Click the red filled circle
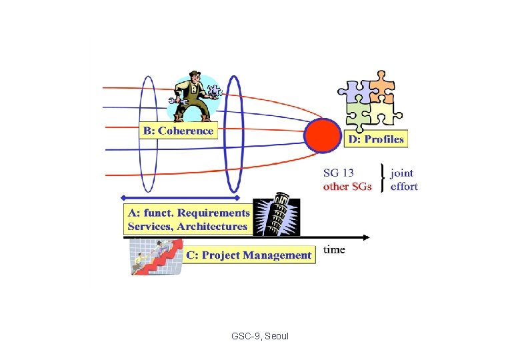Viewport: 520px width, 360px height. tap(323, 135)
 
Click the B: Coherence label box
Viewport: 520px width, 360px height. tap(179, 131)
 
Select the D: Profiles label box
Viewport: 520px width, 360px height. tap(376, 139)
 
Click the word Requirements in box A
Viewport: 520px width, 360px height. tap(214, 213)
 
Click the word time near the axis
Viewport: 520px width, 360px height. tap(334, 249)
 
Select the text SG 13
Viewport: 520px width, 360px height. tap(339, 173)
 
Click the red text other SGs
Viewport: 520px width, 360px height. tap(347, 187)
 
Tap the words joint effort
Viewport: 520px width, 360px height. tap(403, 180)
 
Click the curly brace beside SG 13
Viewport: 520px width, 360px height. tap(381, 179)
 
